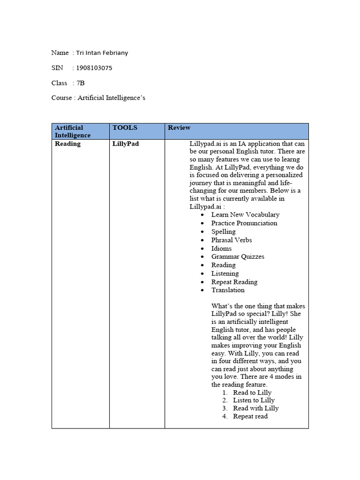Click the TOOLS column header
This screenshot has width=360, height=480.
pyautogui.click(x=125, y=127)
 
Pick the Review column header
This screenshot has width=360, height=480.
pyautogui.click(x=179, y=127)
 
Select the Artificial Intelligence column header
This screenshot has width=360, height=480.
pyautogui.click(x=73, y=131)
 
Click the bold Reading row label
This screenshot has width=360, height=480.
pyautogui.click(x=67, y=144)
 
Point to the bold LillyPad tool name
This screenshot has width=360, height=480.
pyautogui.click(x=126, y=144)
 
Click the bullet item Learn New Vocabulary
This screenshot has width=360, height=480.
pyautogui.click(x=245, y=215)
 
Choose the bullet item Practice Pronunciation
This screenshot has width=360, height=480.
pyautogui.click(x=244, y=223)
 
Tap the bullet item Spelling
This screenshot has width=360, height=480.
pyautogui.click(x=223, y=232)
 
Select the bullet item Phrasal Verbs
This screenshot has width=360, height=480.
pyautogui.click(x=231, y=240)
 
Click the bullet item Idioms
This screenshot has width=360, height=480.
pyautogui.click(x=221, y=248)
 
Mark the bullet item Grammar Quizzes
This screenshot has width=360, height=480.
pyautogui.click(x=238, y=257)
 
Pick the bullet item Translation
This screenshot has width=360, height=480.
pyautogui.click(x=228, y=290)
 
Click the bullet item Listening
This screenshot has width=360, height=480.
pyautogui.click(x=225, y=273)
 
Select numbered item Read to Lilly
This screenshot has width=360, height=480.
pyautogui.click(x=252, y=393)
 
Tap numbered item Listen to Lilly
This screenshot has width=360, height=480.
pyautogui.click(x=254, y=400)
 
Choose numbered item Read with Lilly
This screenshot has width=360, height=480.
pyautogui.click(x=255, y=408)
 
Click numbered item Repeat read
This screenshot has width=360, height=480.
pyautogui.click(x=250, y=416)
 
